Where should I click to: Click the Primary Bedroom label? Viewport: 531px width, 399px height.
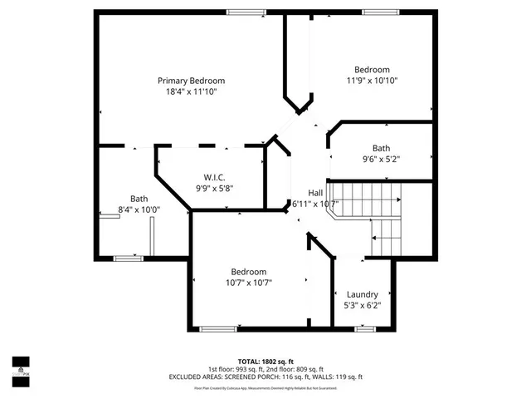pyautogui.click(x=192, y=81)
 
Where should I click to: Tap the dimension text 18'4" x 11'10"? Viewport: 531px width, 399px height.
pyautogui.click(x=192, y=92)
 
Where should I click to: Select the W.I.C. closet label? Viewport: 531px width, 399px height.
pyautogui.click(x=214, y=176)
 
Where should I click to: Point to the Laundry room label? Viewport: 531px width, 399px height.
pyautogui.click(x=363, y=294)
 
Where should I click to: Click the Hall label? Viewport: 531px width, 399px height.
pyautogui.click(x=315, y=192)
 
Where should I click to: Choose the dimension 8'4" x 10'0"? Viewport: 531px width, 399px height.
pyautogui.click(x=139, y=209)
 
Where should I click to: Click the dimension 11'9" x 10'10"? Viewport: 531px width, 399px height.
pyautogui.click(x=373, y=81)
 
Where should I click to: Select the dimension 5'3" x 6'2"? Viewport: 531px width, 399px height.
pyautogui.click(x=363, y=305)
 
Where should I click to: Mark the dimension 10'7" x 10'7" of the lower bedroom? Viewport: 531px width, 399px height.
pyautogui.click(x=248, y=283)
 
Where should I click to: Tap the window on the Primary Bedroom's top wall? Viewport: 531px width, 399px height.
pyautogui.click(x=241, y=12)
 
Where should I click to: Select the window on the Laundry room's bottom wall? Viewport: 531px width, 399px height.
pyautogui.click(x=364, y=328)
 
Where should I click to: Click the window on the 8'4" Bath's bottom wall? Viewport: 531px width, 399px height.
pyautogui.click(x=129, y=259)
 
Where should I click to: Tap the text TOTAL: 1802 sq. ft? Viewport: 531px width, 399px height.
pyautogui.click(x=265, y=362)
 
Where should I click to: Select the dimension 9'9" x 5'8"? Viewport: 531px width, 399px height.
pyautogui.click(x=214, y=188)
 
